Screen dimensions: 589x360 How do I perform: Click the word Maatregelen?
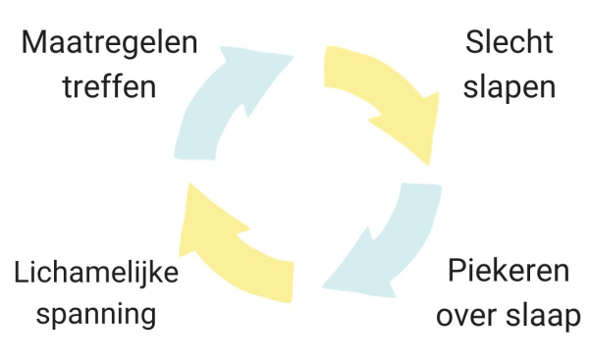[109, 43]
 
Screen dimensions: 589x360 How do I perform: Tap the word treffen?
[109, 86]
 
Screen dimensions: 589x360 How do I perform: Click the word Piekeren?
[509, 272]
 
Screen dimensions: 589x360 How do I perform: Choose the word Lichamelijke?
[96, 272]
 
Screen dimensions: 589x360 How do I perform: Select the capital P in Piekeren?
[455, 272]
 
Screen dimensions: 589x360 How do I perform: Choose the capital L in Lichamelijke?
[22, 272]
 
